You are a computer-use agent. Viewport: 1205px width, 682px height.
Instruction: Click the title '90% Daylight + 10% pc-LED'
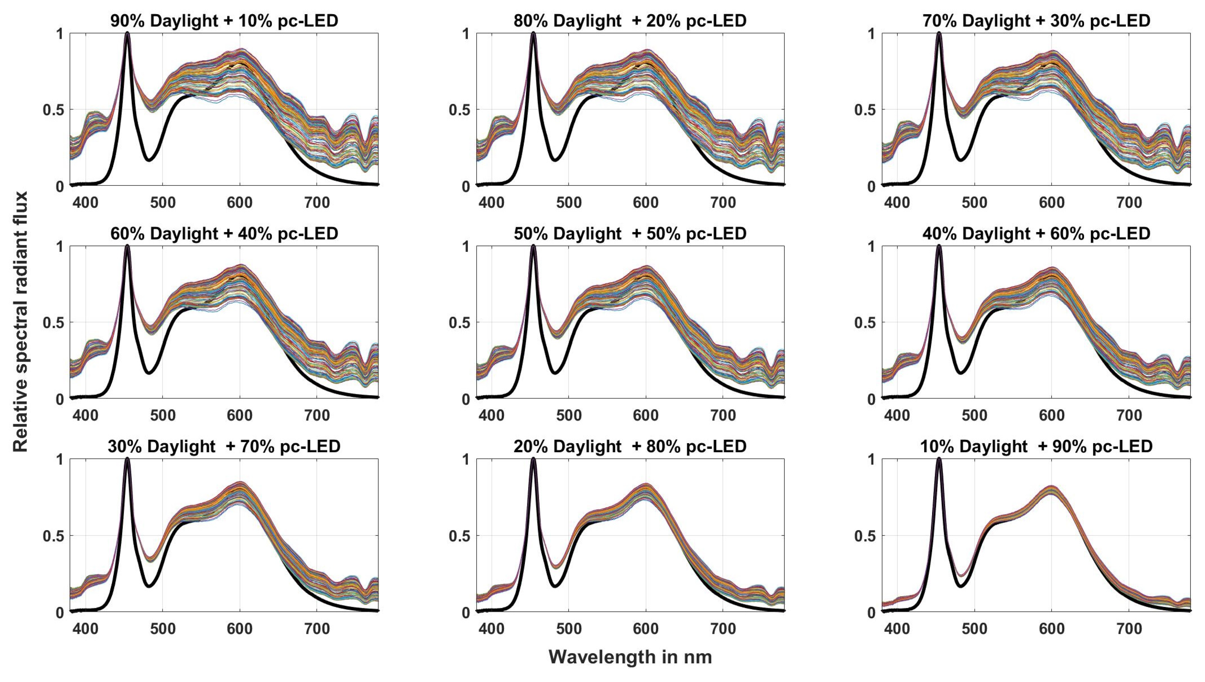224,21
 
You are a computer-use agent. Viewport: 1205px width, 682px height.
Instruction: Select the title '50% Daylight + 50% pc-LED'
630,233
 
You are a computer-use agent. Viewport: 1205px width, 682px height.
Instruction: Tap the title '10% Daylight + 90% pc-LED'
1036,446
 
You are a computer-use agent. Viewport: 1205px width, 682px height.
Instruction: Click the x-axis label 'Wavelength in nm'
630,657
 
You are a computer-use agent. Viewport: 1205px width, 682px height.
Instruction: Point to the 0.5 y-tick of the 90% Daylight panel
53,110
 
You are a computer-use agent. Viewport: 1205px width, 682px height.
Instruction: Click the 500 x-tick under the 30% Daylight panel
163,628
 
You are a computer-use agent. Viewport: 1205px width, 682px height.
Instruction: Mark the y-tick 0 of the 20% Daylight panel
466,613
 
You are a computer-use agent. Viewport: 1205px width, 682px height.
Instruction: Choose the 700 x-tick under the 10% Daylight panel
1128,628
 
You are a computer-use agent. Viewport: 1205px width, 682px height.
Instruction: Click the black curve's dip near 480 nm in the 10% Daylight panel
960,585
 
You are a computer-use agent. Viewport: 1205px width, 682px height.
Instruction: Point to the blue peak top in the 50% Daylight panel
533,246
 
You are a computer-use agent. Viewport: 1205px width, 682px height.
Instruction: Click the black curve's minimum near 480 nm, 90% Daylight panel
148,160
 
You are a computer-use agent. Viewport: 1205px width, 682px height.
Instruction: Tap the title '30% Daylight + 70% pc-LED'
224,446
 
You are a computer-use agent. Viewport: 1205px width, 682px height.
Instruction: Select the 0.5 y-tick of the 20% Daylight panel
459,536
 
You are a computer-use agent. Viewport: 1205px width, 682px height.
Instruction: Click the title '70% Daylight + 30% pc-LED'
1036,21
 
